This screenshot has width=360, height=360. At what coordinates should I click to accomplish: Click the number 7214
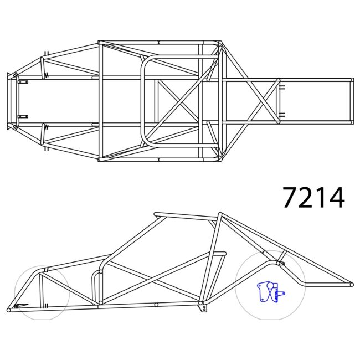pos(313,197)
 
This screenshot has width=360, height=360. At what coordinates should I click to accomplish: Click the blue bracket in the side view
pos(269,291)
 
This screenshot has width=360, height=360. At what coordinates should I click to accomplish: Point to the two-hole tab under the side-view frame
pos(205,307)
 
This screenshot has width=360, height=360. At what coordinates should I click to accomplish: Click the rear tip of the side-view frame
pos(350,285)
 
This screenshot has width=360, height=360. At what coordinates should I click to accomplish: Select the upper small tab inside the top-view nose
pos(23,82)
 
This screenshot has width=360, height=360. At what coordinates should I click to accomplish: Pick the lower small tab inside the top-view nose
pos(23,116)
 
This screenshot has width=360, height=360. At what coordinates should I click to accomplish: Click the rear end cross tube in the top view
pos(351,100)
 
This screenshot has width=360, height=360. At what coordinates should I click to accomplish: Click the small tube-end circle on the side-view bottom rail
pos(157,304)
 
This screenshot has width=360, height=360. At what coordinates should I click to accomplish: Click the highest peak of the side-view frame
pos(220,214)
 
